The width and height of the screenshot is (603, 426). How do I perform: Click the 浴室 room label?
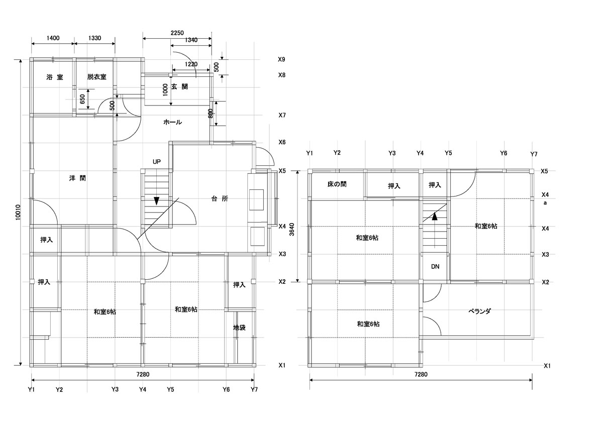point(54,77)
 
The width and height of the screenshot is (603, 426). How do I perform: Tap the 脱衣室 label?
point(96,77)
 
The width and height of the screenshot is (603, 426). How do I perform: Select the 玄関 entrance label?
point(179,87)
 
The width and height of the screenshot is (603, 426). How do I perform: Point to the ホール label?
point(172,122)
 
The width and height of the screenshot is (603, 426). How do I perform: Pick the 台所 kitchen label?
point(220,198)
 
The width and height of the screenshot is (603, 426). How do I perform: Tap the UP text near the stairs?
point(157,162)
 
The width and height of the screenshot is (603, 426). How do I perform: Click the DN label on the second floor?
point(435,267)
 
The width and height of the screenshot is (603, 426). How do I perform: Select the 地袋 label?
point(239,328)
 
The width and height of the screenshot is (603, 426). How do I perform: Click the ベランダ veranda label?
point(479,311)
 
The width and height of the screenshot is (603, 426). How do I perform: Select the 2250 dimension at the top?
point(177,33)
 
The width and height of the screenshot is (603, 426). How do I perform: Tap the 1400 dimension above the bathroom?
point(53,38)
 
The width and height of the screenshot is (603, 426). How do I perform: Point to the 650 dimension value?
point(82,99)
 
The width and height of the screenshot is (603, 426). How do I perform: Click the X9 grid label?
point(281,60)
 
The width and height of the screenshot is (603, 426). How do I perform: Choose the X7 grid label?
point(282,116)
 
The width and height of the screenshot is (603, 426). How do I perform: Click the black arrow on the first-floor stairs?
point(157,201)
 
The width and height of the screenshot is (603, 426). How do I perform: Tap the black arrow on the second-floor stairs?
point(435,217)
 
